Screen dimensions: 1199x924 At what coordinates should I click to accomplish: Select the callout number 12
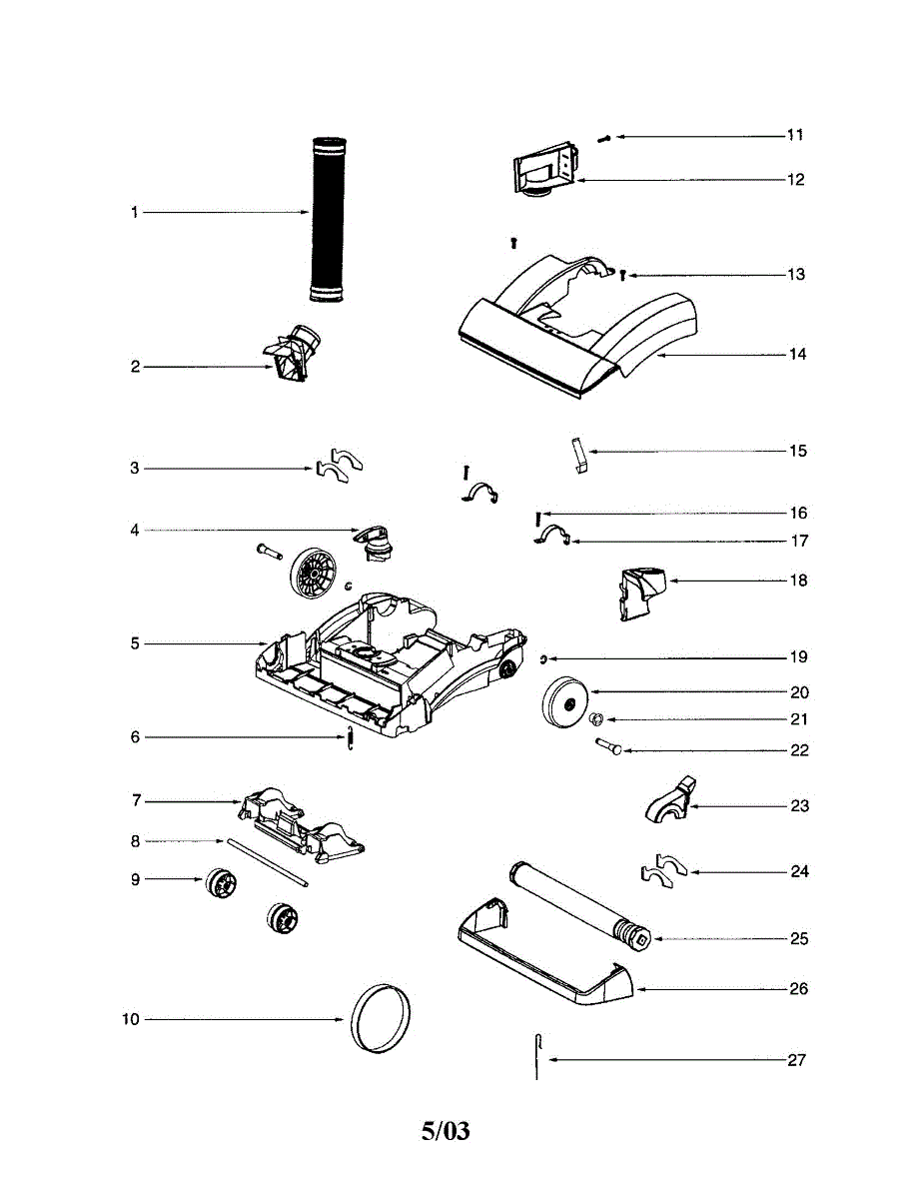(795, 180)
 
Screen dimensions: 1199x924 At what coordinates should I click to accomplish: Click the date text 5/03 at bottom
(446, 1131)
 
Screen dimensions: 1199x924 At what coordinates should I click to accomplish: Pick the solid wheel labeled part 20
(565, 702)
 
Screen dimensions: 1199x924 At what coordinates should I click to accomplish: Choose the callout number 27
(796, 1059)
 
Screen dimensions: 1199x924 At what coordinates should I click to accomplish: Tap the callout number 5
(135, 643)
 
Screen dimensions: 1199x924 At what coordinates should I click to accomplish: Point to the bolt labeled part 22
(608, 745)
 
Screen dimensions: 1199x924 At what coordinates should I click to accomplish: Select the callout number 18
(798, 581)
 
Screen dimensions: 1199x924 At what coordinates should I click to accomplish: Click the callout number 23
(799, 805)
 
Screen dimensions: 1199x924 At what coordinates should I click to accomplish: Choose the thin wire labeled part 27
(537, 1056)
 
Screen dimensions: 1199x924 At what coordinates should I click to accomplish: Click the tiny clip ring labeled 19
(540, 657)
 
